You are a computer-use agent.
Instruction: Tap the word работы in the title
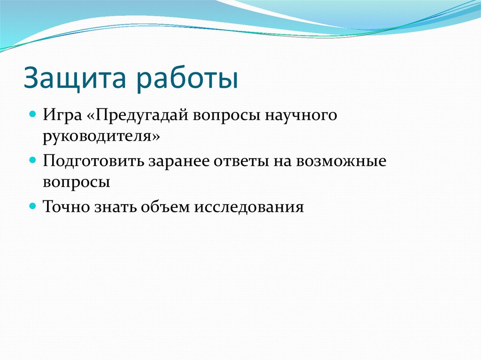pyautogui.click(x=187, y=78)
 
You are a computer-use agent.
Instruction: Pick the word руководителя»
pyautogui.click(x=101, y=136)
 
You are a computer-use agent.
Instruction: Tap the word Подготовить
pyautogui.click(x=93, y=161)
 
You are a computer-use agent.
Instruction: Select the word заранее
pyautogui.click(x=179, y=161)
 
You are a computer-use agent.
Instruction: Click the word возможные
pyautogui.click(x=341, y=161)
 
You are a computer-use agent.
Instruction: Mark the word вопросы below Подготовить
pyautogui.click(x=77, y=182)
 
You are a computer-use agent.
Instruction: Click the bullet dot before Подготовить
pyautogui.click(x=33, y=160)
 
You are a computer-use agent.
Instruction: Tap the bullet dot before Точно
pyautogui.click(x=33, y=206)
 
